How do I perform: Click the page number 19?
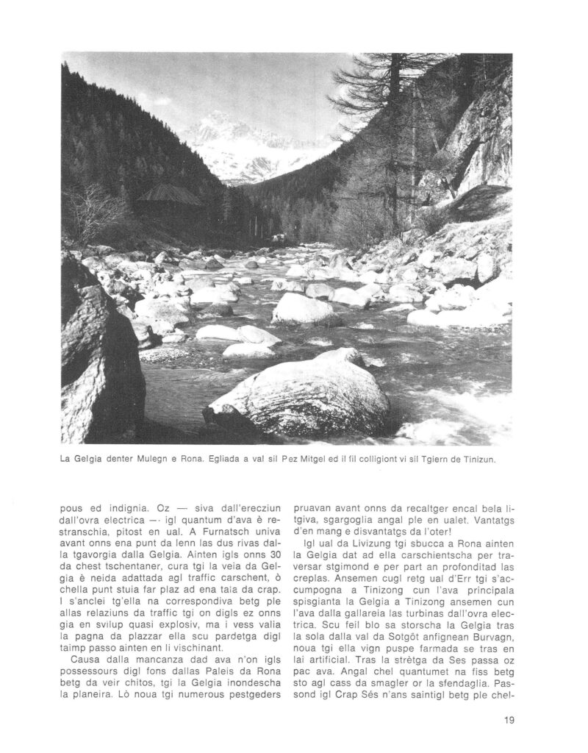click(509, 720)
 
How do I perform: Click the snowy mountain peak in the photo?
click(220, 125)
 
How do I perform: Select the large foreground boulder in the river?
click(309, 397)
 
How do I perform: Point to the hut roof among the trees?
click(169, 195)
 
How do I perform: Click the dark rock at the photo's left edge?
click(92, 353)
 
